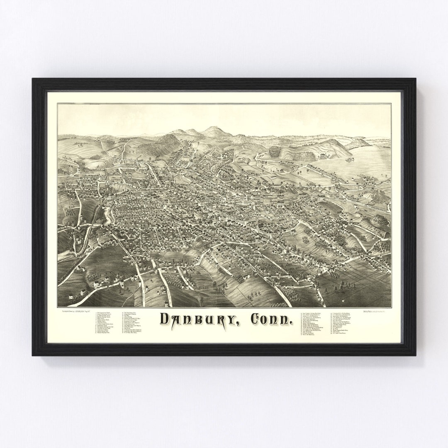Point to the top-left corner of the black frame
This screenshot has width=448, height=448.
(33, 79)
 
